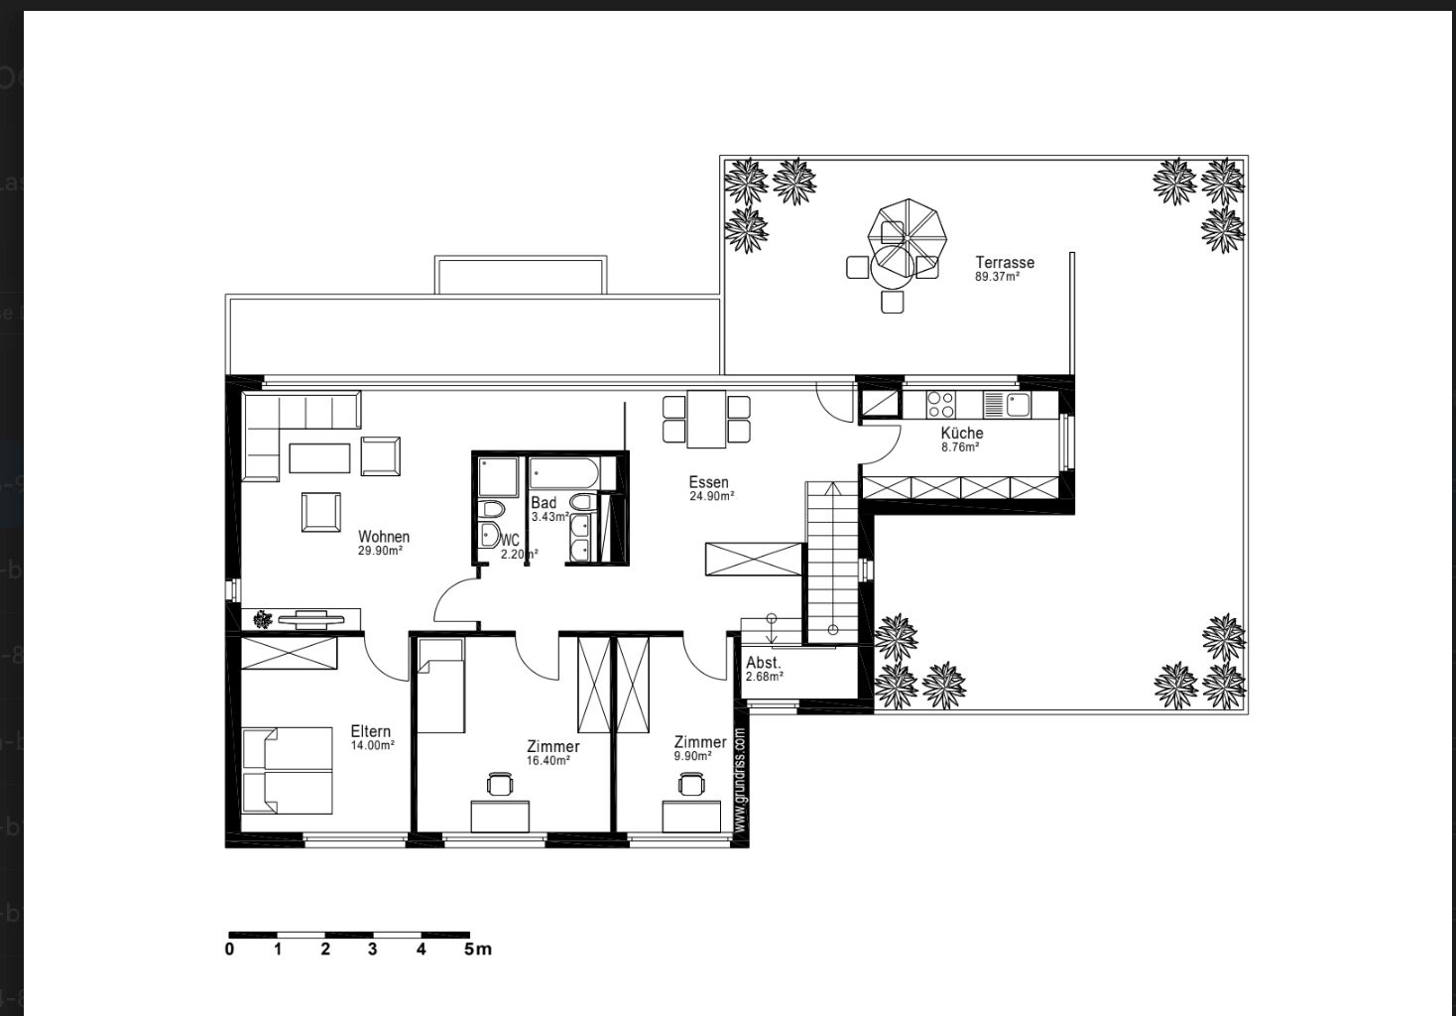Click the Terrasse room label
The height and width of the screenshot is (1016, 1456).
(1005, 263)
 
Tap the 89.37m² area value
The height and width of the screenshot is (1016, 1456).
(997, 277)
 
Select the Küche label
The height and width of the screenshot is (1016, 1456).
(962, 433)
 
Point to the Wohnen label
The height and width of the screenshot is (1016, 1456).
(384, 537)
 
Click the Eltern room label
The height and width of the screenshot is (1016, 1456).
(371, 731)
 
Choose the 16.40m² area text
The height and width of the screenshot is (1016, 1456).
(547, 761)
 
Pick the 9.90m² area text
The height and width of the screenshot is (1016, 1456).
(692, 756)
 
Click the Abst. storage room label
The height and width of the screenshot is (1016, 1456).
(763, 663)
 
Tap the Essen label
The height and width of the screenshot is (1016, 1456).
(708, 482)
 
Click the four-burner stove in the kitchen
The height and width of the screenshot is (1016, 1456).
(940, 405)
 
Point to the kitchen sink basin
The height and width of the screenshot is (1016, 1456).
(1018, 405)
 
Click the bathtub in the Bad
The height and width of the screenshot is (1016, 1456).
(563, 473)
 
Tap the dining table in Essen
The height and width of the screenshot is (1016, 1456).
(706, 420)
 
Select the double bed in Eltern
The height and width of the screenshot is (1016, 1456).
(287, 770)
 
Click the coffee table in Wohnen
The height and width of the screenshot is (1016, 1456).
(319, 458)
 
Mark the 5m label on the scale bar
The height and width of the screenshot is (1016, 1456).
(478, 950)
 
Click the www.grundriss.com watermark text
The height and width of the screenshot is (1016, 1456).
(740, 779)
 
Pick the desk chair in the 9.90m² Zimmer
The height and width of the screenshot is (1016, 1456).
(691, 783)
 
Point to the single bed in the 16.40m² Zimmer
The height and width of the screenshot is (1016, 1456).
(440, 686)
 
